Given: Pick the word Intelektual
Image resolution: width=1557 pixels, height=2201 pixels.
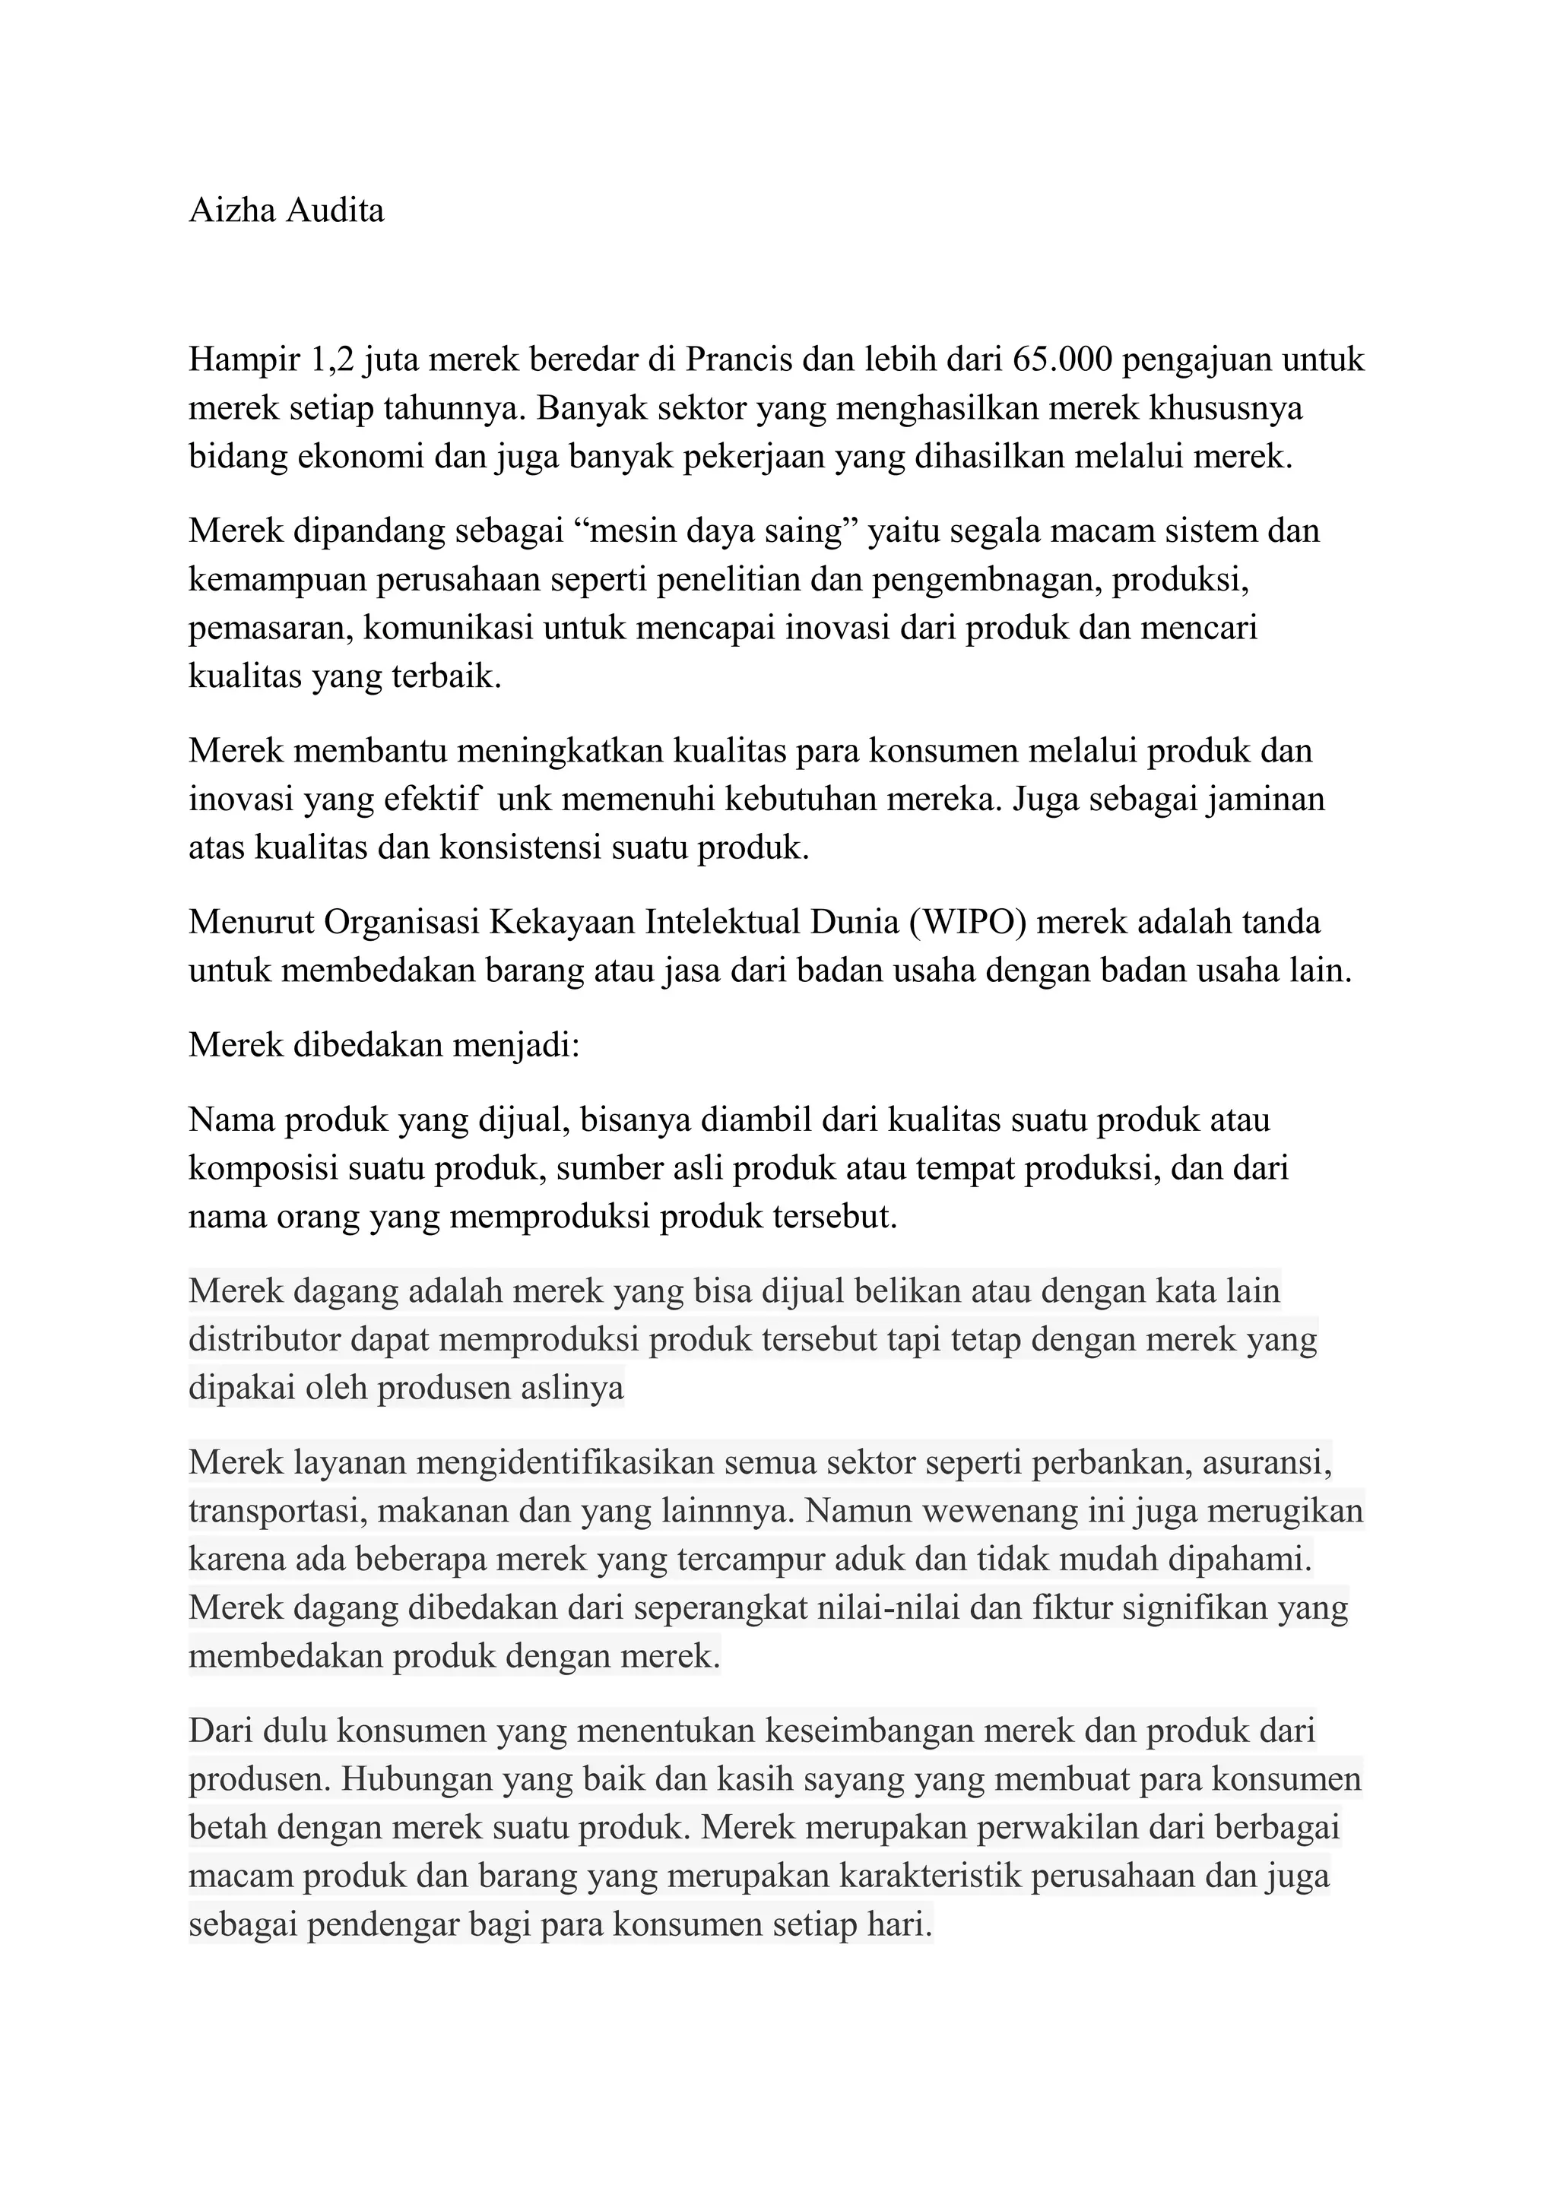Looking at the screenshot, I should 723,921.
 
